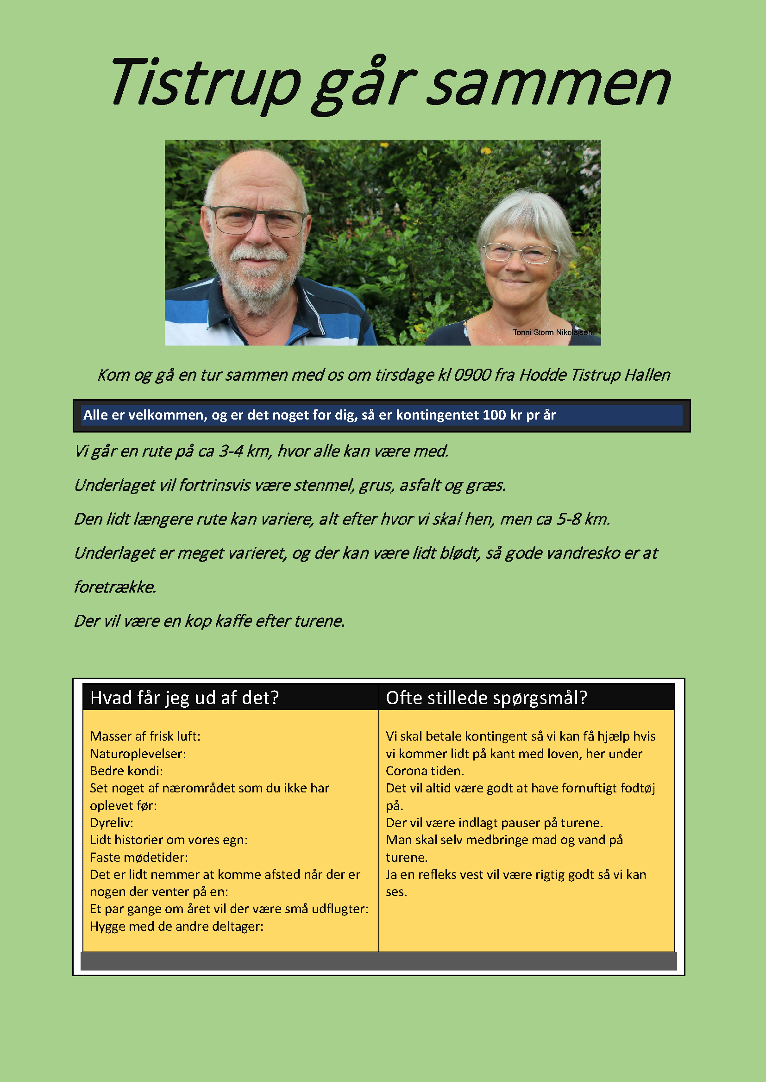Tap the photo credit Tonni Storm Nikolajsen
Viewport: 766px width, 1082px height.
[552, 332]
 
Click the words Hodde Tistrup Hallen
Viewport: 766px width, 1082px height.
[594, 375]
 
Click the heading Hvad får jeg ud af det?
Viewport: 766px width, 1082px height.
[184, 698]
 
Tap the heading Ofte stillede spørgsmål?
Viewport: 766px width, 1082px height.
[486, 698]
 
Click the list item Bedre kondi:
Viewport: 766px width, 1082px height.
[126, 771]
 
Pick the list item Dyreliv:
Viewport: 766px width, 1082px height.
[112, 822]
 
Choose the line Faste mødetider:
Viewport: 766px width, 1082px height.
[139, 857]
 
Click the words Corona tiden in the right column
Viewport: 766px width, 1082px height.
[424, 771]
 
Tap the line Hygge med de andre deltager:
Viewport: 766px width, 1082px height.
[177, 926]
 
